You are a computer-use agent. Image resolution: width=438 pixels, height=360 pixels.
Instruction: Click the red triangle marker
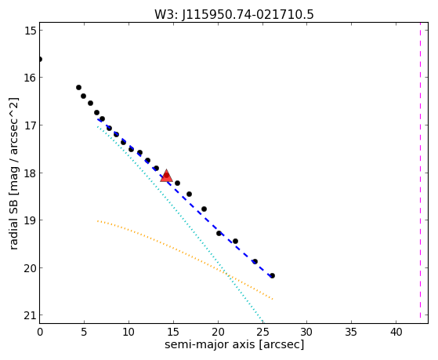coord(166,176)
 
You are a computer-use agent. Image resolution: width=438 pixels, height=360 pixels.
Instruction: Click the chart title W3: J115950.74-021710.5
coord(234,14)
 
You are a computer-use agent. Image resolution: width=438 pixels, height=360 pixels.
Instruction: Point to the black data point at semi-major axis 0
coord(40,59)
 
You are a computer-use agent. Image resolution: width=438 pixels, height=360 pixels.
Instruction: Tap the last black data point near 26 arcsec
coord(273,275)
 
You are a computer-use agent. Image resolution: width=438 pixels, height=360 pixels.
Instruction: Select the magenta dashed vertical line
coord(420,173)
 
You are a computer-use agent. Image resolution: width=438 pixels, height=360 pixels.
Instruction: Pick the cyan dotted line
coord(180,224)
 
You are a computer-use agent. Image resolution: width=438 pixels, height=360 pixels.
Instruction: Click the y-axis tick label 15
coord(31,31)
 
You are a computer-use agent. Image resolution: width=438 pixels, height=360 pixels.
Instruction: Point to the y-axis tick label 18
coord(31,173)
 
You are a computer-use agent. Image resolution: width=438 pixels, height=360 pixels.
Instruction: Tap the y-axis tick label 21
coord(31,315)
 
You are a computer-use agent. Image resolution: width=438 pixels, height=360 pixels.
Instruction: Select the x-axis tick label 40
coord(396,332)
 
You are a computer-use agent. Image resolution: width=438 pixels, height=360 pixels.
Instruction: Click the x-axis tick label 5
coord(84,332)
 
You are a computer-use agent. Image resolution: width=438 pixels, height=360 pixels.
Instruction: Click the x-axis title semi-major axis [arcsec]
coord(234,344)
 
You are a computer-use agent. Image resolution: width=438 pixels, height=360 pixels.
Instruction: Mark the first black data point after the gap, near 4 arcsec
coord(79,87)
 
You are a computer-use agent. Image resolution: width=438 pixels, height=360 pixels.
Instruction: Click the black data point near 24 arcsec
coord(255,261)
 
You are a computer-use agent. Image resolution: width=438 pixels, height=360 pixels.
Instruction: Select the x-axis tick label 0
coord(40,332)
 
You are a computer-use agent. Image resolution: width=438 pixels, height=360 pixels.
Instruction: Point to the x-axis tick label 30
coord(306,332)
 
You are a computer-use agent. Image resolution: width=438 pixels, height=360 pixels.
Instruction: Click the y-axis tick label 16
coord(31,78)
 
